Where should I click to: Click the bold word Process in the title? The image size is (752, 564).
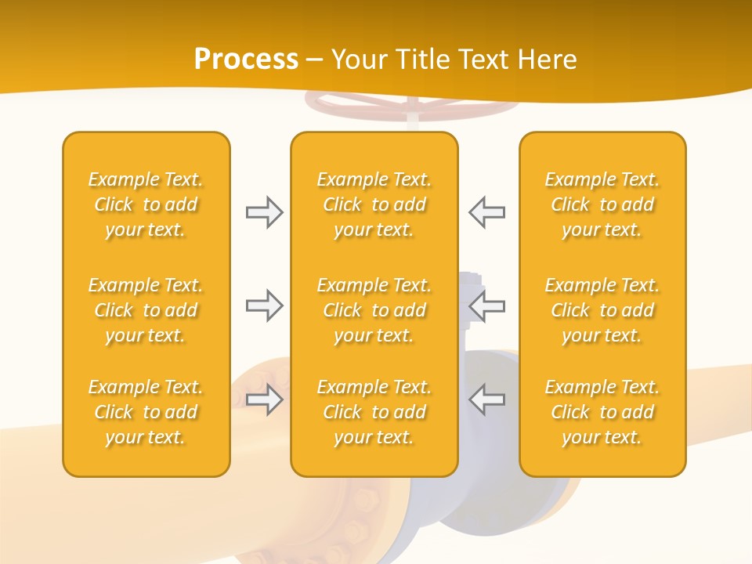click(246, 60)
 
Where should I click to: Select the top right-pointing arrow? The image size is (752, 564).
click(264, 212)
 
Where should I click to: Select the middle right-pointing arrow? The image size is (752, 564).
click(264, 305)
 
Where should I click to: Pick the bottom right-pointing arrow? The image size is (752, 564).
click(264, 399)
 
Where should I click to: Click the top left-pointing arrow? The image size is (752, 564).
click(486, 212)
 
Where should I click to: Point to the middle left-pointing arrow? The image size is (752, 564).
click(486, 305)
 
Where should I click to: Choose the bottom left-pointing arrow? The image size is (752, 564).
click(486, 399)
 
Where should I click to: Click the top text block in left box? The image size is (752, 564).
click(146, 204)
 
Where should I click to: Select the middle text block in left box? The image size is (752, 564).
click(146, 310)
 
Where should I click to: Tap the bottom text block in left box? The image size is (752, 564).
click(146, 412)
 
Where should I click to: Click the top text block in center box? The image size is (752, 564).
click(374, 204)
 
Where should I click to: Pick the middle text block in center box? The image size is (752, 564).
click(374, 310)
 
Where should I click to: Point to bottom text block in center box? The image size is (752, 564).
click(374, 412)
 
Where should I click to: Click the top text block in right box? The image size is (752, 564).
click(602, 204)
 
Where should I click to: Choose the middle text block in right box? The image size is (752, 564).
click(602, 310)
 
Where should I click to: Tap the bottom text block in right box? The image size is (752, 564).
click(602, 412)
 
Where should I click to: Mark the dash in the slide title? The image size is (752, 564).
click(315, 60)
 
